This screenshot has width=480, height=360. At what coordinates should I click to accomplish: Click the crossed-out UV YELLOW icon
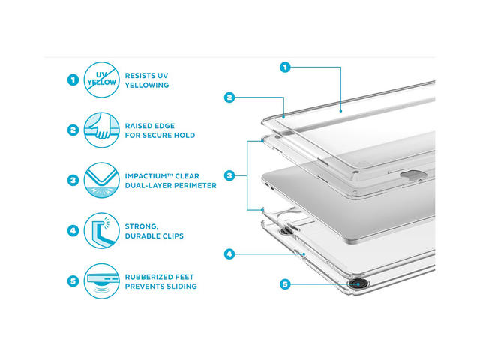click(102, 80)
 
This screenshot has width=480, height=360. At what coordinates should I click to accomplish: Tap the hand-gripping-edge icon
click(102, 130)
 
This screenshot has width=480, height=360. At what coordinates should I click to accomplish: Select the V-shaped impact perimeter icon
click(102, 180)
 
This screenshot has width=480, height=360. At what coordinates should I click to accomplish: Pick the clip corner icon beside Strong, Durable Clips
click(102, 230)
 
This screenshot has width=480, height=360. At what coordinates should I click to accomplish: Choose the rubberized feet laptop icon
click(102, 281)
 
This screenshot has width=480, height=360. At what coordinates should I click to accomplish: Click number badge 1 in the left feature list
click(73, 80)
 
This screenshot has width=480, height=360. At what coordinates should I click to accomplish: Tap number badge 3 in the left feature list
click(73, 180)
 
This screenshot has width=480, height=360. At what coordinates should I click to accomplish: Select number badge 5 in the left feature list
click(73, 281)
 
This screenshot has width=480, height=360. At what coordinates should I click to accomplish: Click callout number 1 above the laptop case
click(285, 67)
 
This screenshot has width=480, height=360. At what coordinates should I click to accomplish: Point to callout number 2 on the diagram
click(229, 97)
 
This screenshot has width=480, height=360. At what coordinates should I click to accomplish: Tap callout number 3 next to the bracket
click(229, 175)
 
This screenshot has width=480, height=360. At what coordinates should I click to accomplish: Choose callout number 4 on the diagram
click(229, 253)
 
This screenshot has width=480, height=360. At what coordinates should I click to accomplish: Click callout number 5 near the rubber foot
click(285, 284)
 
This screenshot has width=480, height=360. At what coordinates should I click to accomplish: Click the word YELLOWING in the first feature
click(147, 85)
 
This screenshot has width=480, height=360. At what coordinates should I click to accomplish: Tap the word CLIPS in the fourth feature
click(172, 236)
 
